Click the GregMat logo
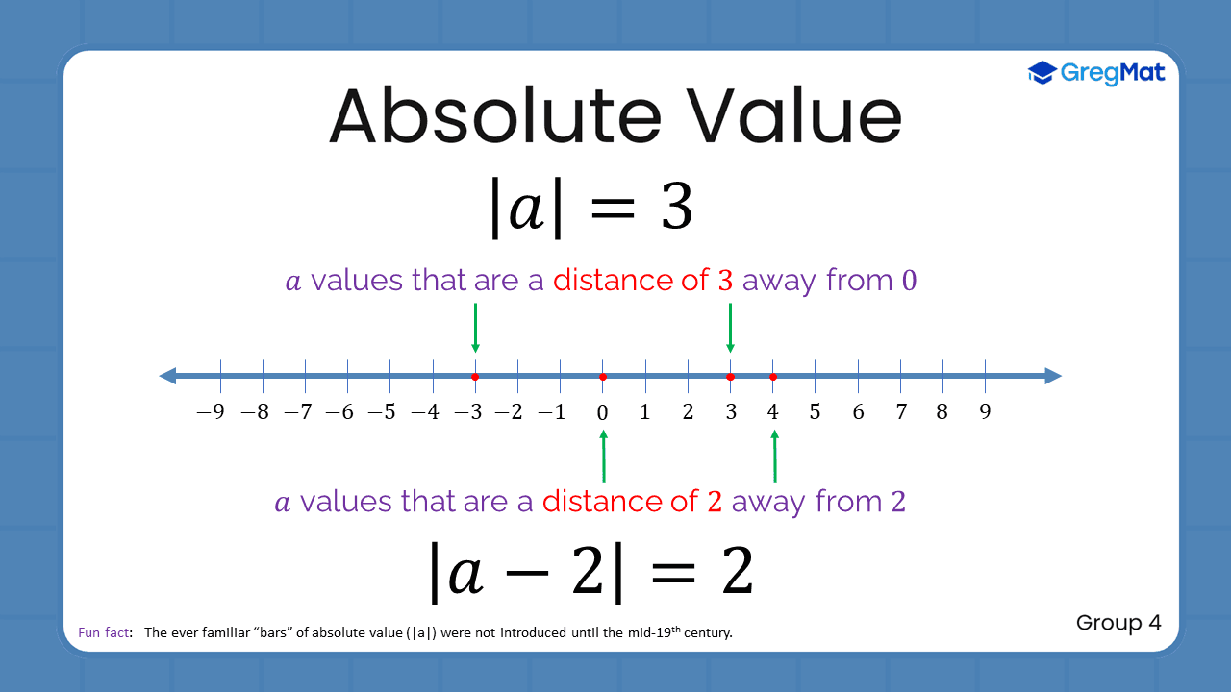coord(1096,72)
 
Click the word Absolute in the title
coord(496,116)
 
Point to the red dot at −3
coord(475,377)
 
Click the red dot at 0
coord(603,377)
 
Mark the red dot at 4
coord(773,377)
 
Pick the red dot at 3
coord(731,377)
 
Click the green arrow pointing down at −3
coord(475,328)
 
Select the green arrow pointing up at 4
coord(774,456)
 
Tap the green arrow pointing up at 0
coord(604,456)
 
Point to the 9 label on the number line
coord(985,412)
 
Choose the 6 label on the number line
coord(858,412)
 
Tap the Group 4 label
coord(1118,623)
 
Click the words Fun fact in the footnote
coord(105,632)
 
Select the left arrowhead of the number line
coord(167,376)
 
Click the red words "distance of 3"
coord(642,281)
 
